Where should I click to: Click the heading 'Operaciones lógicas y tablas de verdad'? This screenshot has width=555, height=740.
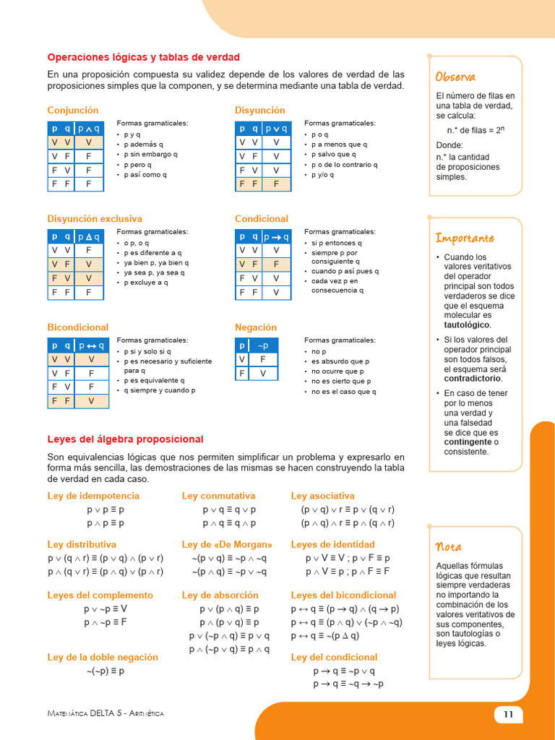[143, 57]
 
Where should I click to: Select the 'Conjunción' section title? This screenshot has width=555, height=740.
[73, 111]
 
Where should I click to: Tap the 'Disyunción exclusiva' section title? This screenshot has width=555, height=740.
[95, 219]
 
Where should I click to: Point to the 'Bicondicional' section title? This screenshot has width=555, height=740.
[78, 327]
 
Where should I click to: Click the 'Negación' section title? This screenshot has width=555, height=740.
[256, 327]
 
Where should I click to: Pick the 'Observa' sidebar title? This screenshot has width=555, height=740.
[455, 77]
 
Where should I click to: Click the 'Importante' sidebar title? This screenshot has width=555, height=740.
[465, 238]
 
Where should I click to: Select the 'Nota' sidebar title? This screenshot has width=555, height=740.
[449, 546]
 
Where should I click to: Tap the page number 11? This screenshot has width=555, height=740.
[508, 714]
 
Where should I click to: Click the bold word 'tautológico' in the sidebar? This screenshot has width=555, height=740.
[467, 325]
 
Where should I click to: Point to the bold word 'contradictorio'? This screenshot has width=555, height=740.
[473, 379]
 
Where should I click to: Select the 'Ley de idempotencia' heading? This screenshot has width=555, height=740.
[93, 496]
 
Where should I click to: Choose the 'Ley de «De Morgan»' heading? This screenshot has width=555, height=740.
[227, 544]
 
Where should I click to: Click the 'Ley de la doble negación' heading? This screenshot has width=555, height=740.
[103, 657]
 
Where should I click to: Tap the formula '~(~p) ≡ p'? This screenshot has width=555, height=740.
[106, 671]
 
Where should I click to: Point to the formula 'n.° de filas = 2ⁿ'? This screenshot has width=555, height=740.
[475, 130]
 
